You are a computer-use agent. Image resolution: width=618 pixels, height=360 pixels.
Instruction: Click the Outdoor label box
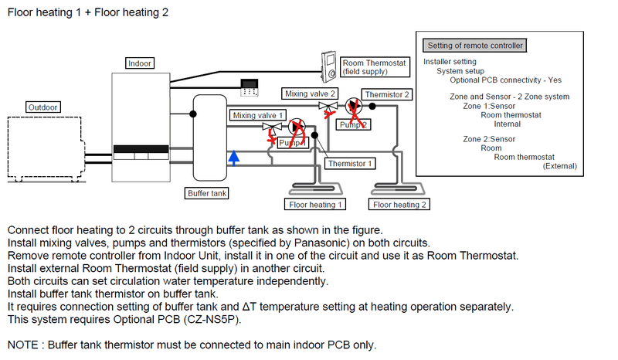[x=42, y=107]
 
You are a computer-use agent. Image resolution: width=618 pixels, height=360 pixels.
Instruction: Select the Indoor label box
[x=140, y=63]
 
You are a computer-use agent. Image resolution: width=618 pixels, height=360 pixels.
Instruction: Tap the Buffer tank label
[x=207, y=193]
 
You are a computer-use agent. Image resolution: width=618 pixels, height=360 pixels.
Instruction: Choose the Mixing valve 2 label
[x=310, y=93]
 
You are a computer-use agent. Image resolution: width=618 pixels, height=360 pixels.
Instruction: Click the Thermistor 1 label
[x=350, y=164]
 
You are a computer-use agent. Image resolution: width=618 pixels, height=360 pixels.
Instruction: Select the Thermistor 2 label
[x=388, y=95]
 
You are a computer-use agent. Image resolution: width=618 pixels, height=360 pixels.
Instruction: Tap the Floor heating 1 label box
[x=316, y=205]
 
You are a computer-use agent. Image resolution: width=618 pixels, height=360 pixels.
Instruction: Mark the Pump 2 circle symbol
[x=352, y=107]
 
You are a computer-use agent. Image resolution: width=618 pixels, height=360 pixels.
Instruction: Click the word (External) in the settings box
[x=559, y=165]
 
